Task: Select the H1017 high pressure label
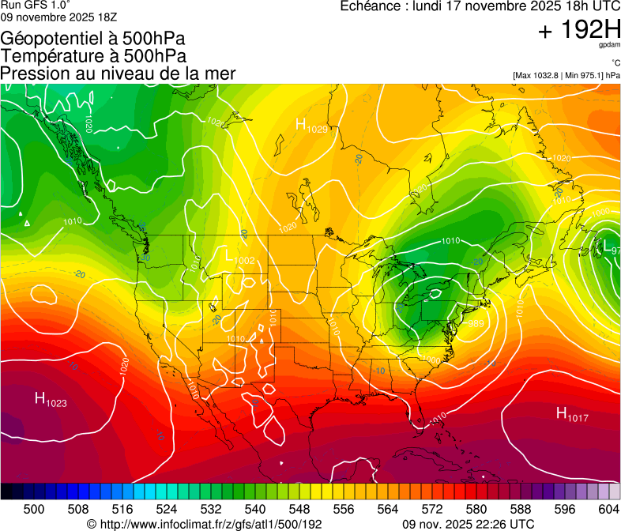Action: [572, 413]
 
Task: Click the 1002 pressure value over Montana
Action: [244, 261]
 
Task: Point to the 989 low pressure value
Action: [476, 324]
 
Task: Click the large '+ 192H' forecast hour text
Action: [579, 31]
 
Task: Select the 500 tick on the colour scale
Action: [34, 509]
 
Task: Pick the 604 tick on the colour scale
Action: [609, 509]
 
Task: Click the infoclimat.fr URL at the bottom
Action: [204, 524]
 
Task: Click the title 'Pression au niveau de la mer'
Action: [118, 73]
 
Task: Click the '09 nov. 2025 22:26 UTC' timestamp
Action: [469, 524]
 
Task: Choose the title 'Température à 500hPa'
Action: [93, 56]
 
